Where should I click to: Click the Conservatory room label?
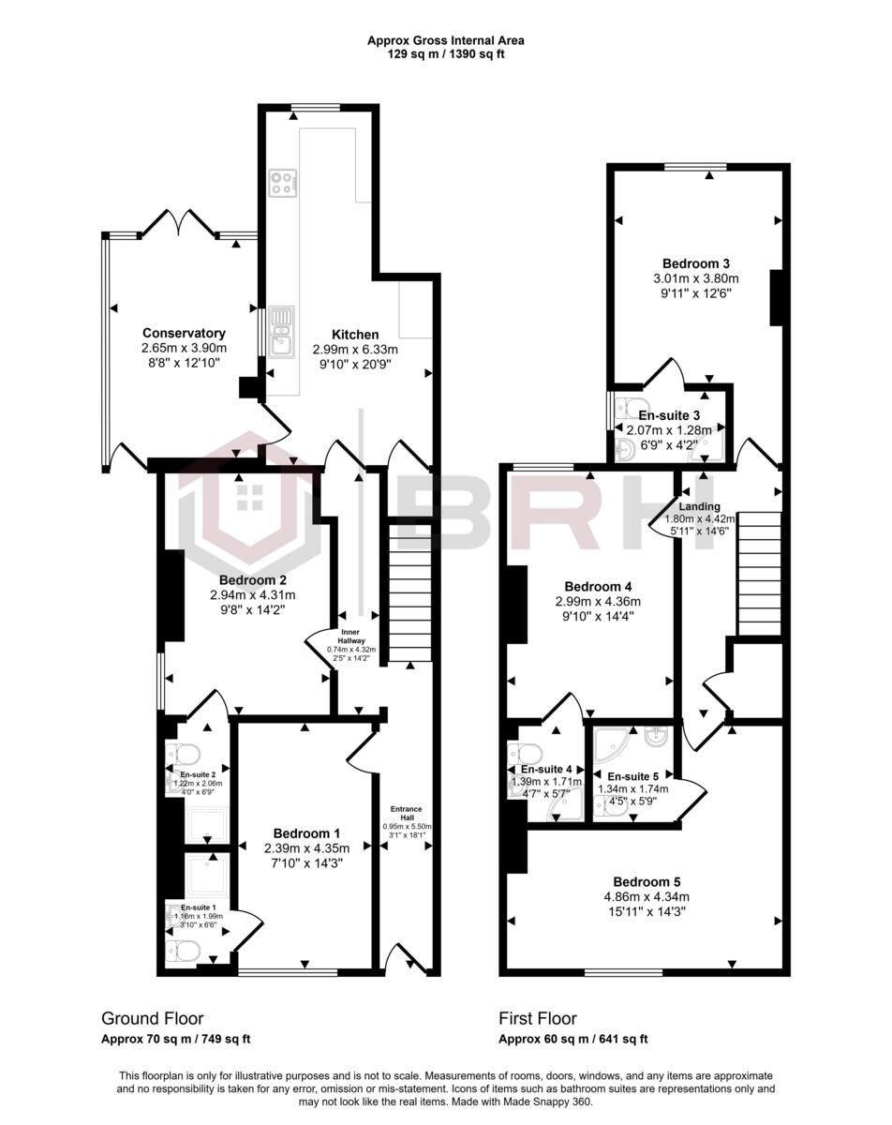(184, 333)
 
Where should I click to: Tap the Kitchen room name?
(355, 334)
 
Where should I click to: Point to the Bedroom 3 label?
(696, 263)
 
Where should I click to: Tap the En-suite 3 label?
(668, 414)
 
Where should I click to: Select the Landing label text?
(699, 506)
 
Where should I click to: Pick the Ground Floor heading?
(152, 1018)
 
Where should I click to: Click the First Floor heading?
(538, 1018)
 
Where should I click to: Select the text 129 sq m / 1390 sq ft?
(446, 54)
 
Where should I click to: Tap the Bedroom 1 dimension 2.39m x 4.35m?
(306, 848)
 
